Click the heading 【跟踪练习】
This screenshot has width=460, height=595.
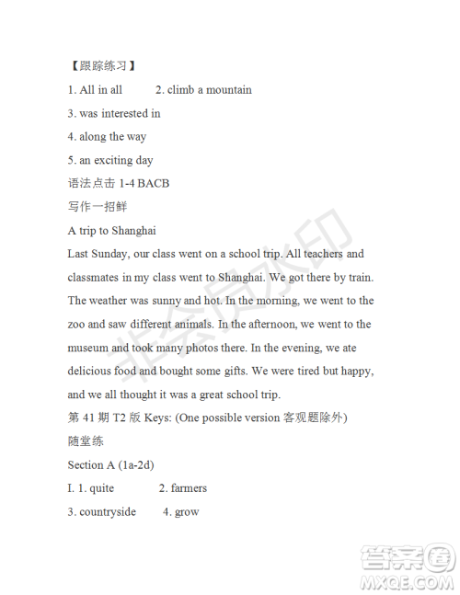[x=103, y=66]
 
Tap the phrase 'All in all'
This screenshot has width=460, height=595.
[x=101, y=90]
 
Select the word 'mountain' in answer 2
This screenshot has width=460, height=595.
[x=228, y=90]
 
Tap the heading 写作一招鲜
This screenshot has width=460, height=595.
[x=96, y=207]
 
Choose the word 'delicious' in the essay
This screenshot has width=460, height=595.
[x=91, y=372]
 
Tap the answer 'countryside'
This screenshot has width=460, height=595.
[x=108, y=512]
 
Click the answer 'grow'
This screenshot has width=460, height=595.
[x=187, y=512]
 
